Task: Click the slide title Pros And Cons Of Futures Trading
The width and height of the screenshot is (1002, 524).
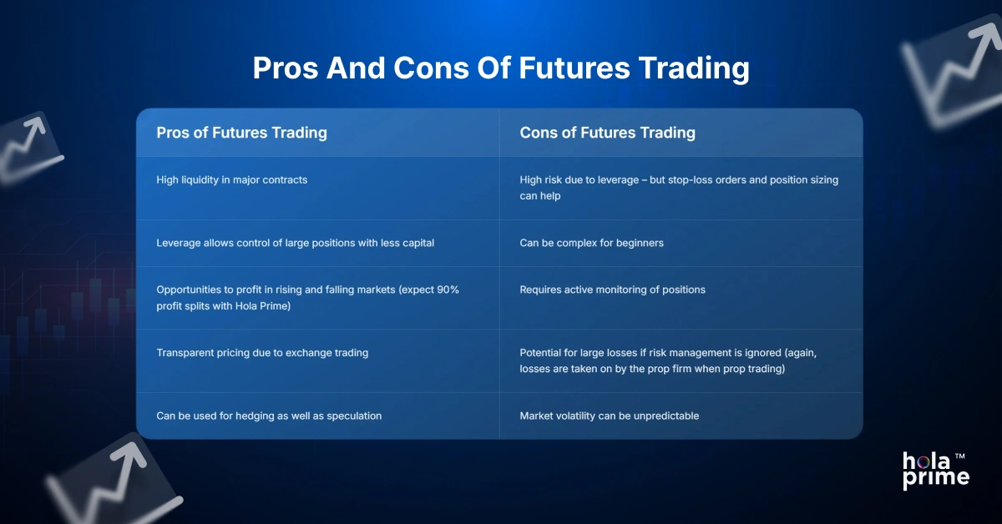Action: click(501, 68)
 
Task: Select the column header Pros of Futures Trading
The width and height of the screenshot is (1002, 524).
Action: click(241, 133)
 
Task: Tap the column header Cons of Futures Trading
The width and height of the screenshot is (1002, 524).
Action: click(607, 133)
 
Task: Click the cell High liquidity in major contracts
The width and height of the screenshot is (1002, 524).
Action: click(231, 180)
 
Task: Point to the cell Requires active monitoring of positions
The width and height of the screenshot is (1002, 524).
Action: click(612, 290)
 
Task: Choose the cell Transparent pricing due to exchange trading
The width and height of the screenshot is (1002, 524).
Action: click(262, 353)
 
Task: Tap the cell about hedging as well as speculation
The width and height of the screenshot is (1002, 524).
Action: click(269, 416)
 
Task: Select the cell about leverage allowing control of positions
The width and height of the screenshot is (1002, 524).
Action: click(295, 243)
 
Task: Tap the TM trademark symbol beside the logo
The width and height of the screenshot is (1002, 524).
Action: click(960, 456)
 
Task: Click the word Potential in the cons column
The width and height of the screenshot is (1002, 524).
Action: click(542, 353)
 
